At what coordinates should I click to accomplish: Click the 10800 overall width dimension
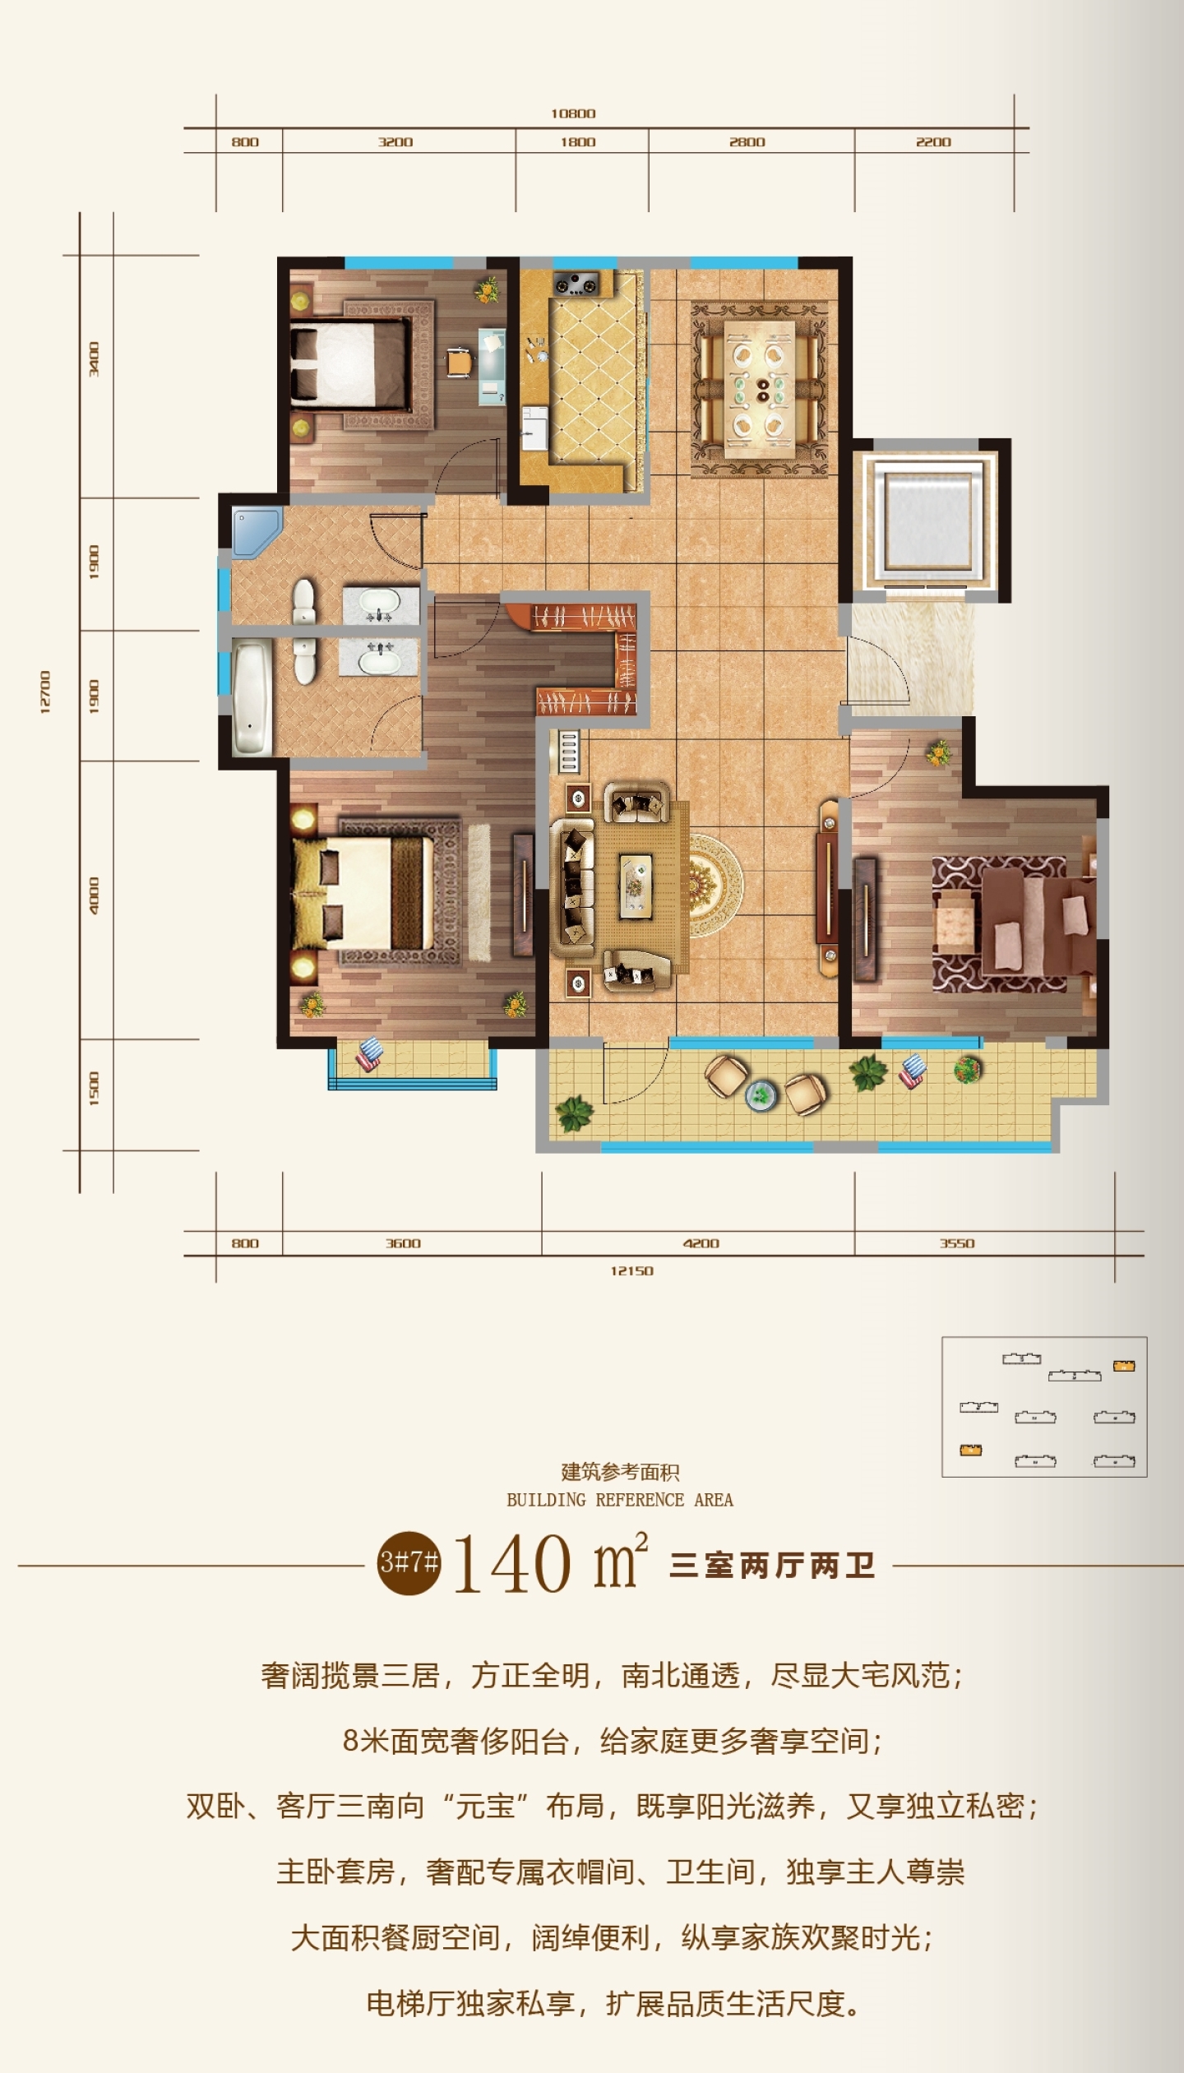point(573,113)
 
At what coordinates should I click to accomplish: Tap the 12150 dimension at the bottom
point(631,1270)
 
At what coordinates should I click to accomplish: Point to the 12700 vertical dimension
point(45,692)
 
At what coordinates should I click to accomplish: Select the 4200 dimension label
point(701,1243)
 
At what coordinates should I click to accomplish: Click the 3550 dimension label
point(957,1243)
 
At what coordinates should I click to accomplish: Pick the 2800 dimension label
point(747,142)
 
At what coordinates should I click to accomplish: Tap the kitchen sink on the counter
point(534,428)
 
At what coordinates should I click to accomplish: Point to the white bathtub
point(252,698)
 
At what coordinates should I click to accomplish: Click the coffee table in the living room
point(636,885)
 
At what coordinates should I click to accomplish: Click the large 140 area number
point(512,1564)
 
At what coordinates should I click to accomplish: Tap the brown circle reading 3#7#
point(409,1562)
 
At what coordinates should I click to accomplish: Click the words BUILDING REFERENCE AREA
point(620,1500)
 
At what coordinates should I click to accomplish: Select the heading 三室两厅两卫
point(772,1565)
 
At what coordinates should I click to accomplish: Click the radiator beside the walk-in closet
point(569,750)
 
